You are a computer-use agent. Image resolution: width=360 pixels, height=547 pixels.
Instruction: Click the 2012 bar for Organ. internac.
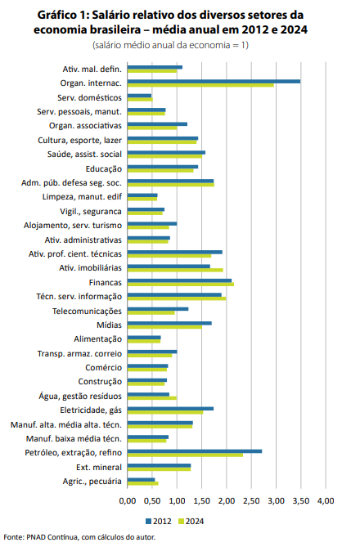tap(214, 81)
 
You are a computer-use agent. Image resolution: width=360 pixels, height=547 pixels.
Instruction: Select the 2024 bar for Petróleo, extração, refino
tap(185, 455)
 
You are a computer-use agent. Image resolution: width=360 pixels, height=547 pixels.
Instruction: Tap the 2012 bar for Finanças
tap(179, 280)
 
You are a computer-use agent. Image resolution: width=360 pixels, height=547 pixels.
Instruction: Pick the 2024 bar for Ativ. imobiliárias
tap(175, 270)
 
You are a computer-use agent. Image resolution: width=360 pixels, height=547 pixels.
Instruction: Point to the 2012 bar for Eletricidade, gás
tap(170, 409)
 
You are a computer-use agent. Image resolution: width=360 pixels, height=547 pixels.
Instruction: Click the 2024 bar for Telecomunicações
tap(151, 312)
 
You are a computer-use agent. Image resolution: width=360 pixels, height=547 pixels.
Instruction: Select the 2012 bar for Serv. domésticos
tap(139, 96)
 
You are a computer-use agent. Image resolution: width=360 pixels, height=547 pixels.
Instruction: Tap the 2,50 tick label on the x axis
tap(251, 501)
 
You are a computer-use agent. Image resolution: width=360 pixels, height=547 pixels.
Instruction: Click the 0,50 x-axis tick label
tap(152, 501)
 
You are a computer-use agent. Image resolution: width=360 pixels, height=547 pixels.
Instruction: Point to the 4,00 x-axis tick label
tap(326, 501)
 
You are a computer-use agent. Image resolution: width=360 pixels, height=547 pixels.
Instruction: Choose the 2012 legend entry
tap(159, 521)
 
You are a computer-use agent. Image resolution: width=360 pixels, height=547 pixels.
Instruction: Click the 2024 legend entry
tap(191, 521)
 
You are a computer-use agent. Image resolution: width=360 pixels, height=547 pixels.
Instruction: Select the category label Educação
tap(104, 169)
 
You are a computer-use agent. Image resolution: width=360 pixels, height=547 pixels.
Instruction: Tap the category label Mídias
tap(110, 325)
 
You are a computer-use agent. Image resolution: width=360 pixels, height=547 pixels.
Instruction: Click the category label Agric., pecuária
tap(92, 482)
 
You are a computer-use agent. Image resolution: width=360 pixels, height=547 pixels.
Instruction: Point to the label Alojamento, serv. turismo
tap(73, 226)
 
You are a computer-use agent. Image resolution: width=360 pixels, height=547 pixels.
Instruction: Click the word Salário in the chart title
tap(115, 15)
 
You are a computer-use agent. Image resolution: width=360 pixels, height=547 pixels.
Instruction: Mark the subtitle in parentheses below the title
tap(170, 45)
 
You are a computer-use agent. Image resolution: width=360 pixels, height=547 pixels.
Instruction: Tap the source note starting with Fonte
tap(79, 537)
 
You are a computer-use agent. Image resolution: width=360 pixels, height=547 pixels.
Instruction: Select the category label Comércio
tap(103, 368)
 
